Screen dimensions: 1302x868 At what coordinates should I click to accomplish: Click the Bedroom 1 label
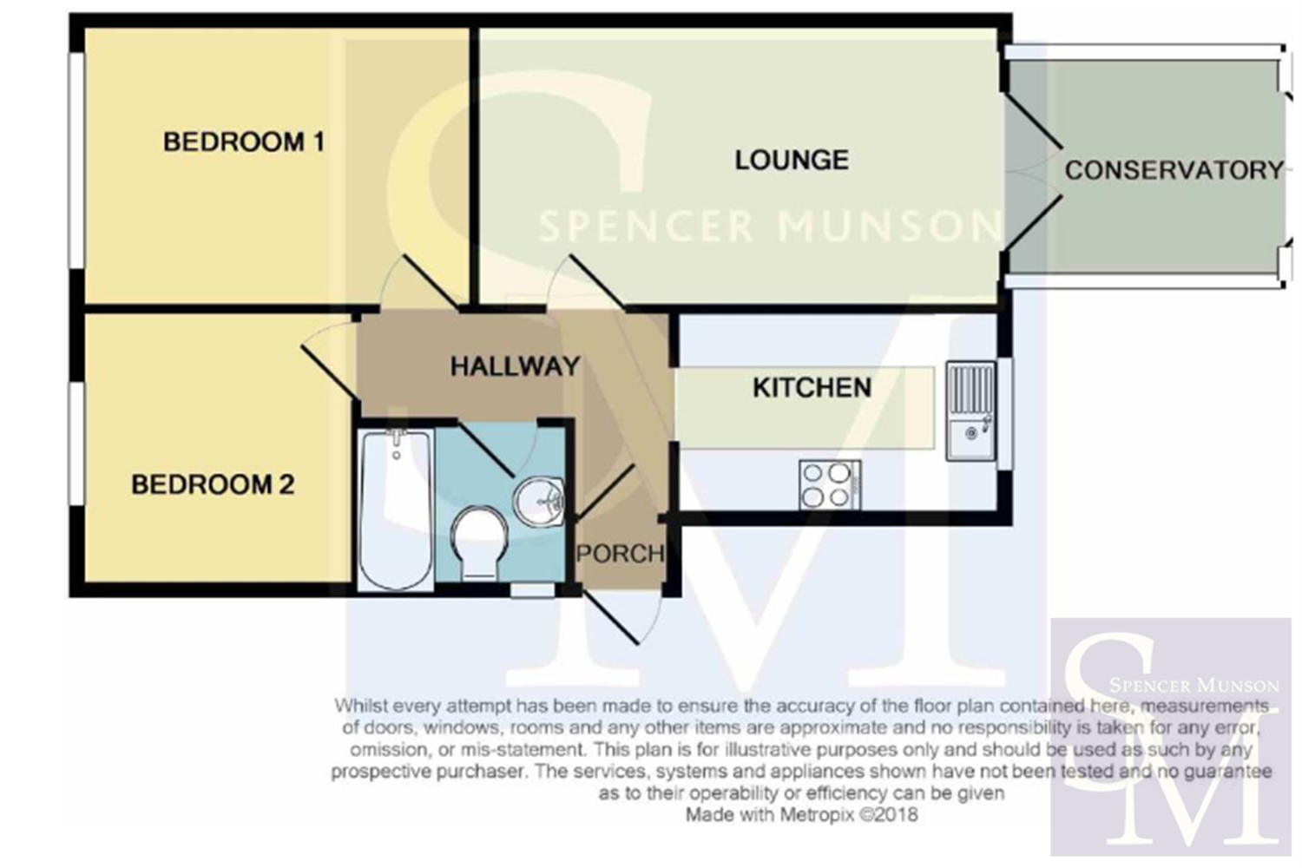click(x=244, y=141)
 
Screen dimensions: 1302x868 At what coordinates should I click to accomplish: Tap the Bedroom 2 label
click(x=213, y=485)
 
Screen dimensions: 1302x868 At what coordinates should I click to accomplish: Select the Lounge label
click(x=792, y=160)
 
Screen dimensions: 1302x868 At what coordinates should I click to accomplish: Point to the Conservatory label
click(x=1174, y=170)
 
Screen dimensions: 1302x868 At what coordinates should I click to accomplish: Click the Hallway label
click(x=516, y=366)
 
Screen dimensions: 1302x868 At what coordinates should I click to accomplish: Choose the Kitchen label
click(x=812, y=388)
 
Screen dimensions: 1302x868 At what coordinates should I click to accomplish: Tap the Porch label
click(x=621, y=554)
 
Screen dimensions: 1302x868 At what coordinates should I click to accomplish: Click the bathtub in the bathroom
click(x=396, y=510)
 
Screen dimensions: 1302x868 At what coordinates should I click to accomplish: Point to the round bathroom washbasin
click(x=537, y=501)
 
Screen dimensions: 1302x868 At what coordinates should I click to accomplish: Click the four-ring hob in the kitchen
click(x=830, y=485)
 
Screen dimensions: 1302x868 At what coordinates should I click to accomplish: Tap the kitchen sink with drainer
click(x=970, y=411)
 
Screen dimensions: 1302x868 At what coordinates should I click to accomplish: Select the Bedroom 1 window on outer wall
click(x=76, y=161)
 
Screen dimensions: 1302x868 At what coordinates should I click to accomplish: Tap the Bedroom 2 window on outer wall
click(x=76, y=443)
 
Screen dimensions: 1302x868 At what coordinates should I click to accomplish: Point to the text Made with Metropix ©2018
click(x=801, y=814)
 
